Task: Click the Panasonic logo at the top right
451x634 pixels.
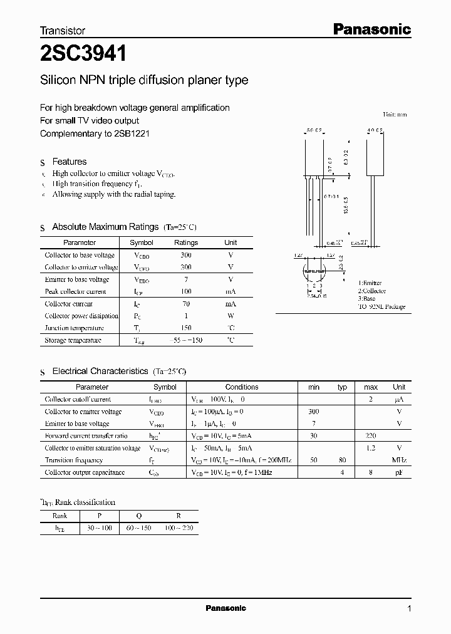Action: pyautogui.click(x=371, y=29)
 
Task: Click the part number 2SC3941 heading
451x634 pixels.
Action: pyautogui.click(x=84, y=54)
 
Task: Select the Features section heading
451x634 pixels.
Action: pyautogui.click(x=69, y=162)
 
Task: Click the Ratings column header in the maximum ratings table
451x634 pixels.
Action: pyautogui.click(x=185, y=242)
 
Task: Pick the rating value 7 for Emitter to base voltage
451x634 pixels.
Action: pyautogui.click(x=185, y=279)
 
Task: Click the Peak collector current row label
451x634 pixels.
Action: pyautogui.click(x=75, y=291)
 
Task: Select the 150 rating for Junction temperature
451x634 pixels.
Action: pyautogui.click(x=185, y=328)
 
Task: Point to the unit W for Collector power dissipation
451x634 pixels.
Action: pyautogui.click(x=231, y=316)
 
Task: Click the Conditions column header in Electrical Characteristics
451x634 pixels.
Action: pyautogui.click(x=242, y=387)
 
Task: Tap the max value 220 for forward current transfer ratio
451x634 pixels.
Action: pyautogui.click(x=371, y=435)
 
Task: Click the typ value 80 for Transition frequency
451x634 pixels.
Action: pyautogui.click(x=342, y=460)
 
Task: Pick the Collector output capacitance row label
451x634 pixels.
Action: pyautogui.click(x=85, y=472)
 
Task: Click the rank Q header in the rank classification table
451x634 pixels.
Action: pyautogui.click(x=139, y=516)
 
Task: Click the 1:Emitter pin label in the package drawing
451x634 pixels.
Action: pyautogui.click(x=370, y=283)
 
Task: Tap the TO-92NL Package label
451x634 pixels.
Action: pyautogui.click(x=381, y=307)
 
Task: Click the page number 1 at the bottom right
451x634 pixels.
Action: pyautogui.click(x=409, y=609)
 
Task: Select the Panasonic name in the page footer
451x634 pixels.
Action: pyautogui.click(x=225, y=608)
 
